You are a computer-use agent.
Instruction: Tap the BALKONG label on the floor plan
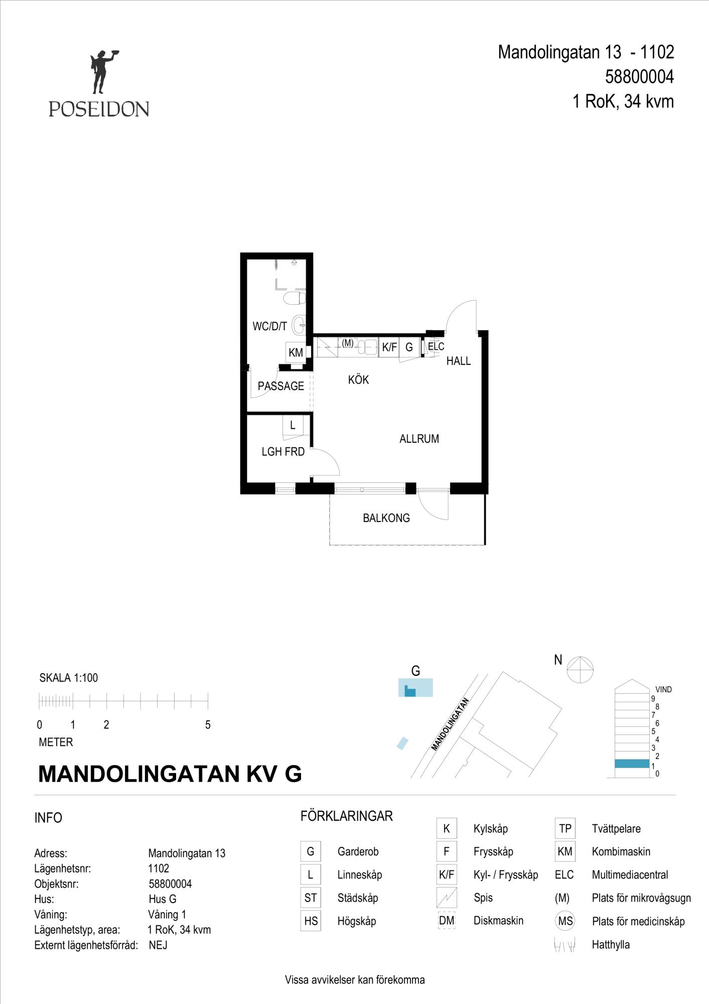(x=386, y=518)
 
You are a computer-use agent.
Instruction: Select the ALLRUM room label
(x=419, y=439)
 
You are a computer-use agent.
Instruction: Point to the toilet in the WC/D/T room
(x=295, y=298)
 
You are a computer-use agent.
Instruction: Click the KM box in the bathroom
(x=296, y=352)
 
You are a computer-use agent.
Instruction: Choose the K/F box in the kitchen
(x=389, y=347)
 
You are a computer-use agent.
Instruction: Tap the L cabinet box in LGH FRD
(x=293, y=426)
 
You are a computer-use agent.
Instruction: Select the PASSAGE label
(x=281, y=386)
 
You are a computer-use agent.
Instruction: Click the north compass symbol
(x=580, y=669)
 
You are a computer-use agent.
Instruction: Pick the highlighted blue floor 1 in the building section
(x=632, y=764)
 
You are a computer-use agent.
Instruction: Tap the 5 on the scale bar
(x=208, y=724)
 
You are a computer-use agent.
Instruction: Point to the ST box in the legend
(x=311, y=898)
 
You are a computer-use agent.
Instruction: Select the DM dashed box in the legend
(x=447, y=920)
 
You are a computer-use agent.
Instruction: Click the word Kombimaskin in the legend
(x=621, y=851)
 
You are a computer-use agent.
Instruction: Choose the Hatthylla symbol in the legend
(x=564, y=944)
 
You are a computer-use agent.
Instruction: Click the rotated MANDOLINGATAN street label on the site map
(x=450, y=724)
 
